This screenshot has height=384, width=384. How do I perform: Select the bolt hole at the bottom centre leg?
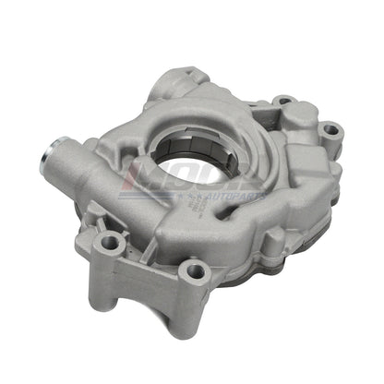pyautogui.click(x=193, y=272)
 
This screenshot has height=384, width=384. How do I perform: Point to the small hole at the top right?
pyautogui.click(x=284, y=100)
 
